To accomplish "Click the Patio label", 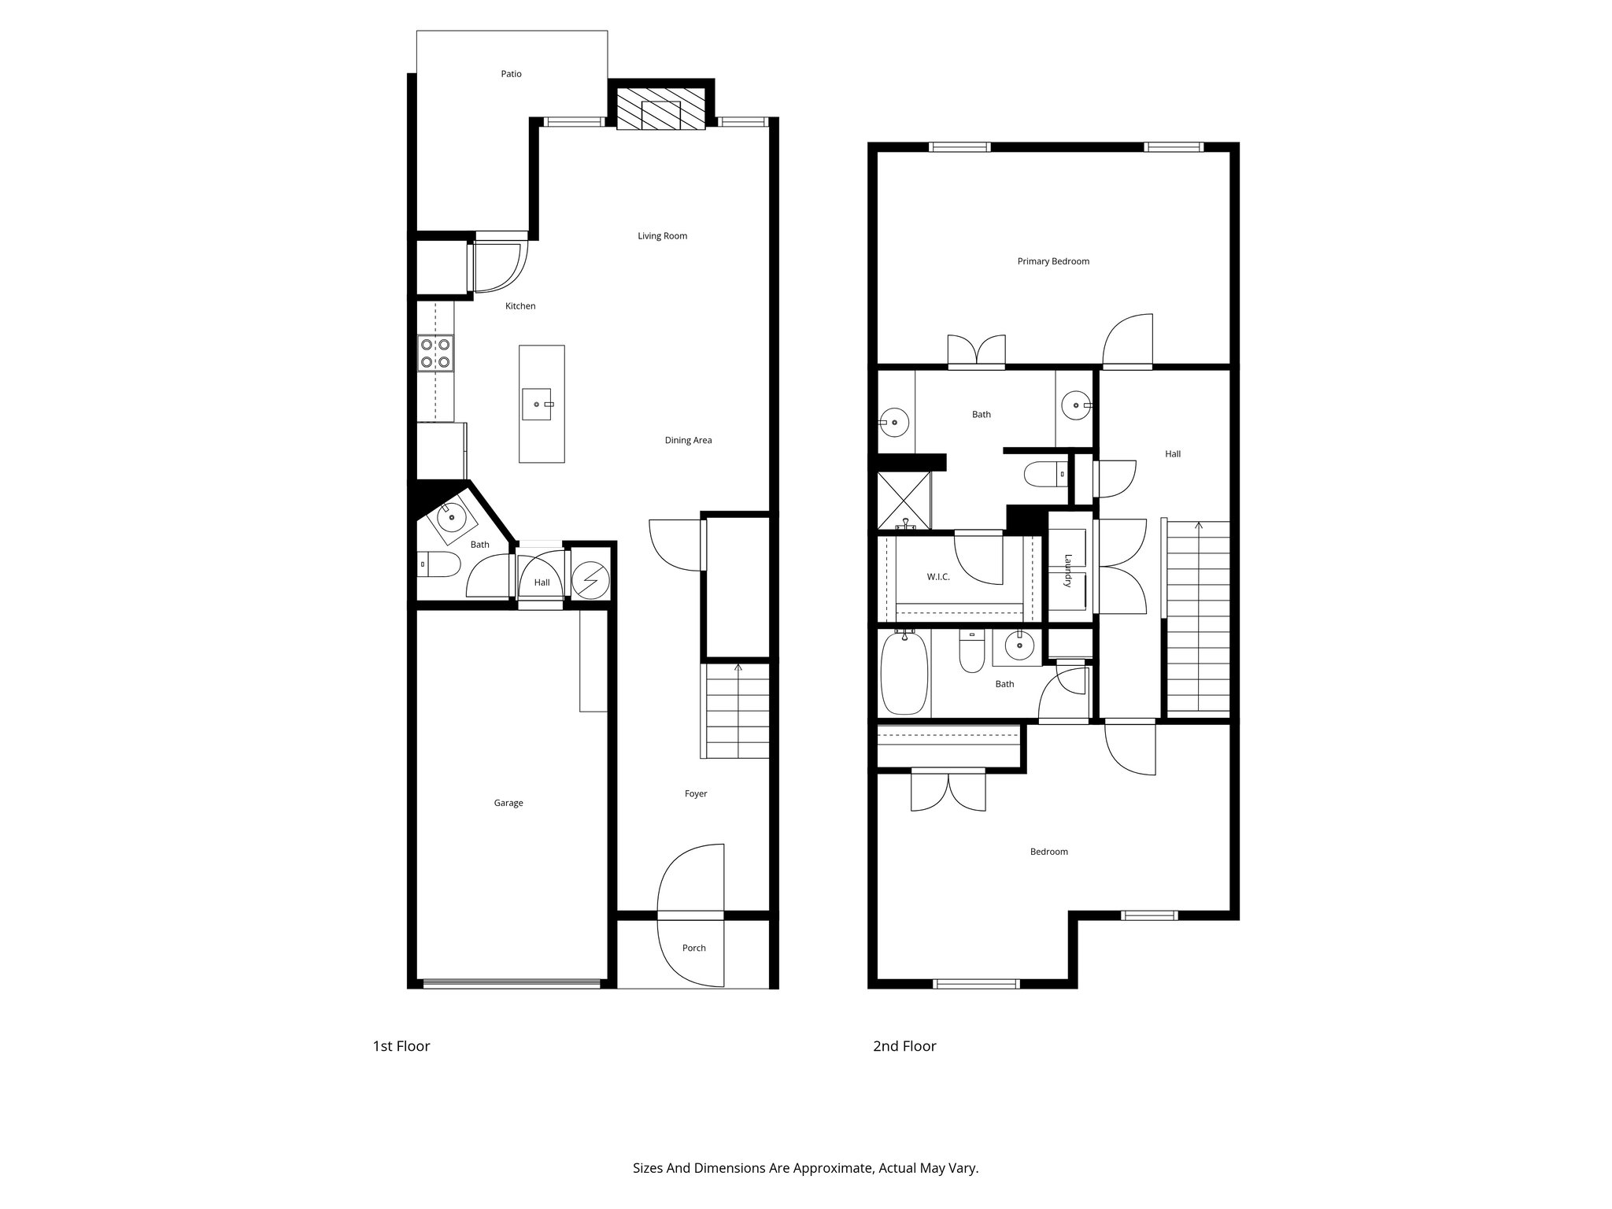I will click(x=511, y=74).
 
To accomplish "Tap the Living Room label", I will click(x=662, y=236).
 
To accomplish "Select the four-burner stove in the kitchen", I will click(x=435, y=353).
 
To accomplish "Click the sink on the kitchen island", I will click(x=541, y=404).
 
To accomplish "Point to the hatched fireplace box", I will click(x=660, y=109).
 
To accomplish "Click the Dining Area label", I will click(x=688, y=441).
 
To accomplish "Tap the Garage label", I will click(x=508, y=803).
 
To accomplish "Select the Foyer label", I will click(x=696, y=794).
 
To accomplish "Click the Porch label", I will click(x=693, y=948).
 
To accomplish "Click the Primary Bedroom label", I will click(x=1053, y=261).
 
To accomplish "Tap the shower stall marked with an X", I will click(x=904, y=499).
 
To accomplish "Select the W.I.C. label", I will click(x=938, y=577).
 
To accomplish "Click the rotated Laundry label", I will click(x=1068, y=571).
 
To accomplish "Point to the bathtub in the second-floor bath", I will click(x=904, y=673).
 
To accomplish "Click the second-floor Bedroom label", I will click(x=1048, y=852).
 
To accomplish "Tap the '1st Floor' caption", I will click(x=401, y=1046).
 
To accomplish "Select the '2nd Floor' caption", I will click(x=904, y=1046).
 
